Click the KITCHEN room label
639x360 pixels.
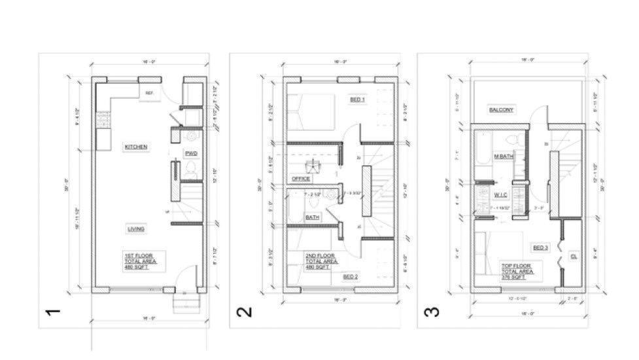click(x=136, y=147)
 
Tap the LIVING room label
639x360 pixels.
click(x=136, y=228)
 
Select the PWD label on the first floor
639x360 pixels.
click(x=191, y=154)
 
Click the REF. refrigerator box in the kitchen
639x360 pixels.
click(x=149, y=94)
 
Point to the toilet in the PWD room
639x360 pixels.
click(x=191, y=170)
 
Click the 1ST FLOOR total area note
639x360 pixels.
click(x=143, y=261)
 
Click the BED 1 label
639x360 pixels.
click(x=357, y=99)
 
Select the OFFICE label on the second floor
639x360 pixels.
click(x=300, y=178)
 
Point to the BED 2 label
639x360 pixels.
click(x=351, y=277)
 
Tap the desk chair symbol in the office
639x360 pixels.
click(x=313, y=164)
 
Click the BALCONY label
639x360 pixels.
click(x=502, y=110)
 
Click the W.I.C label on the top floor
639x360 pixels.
click(x=502, y=194)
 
